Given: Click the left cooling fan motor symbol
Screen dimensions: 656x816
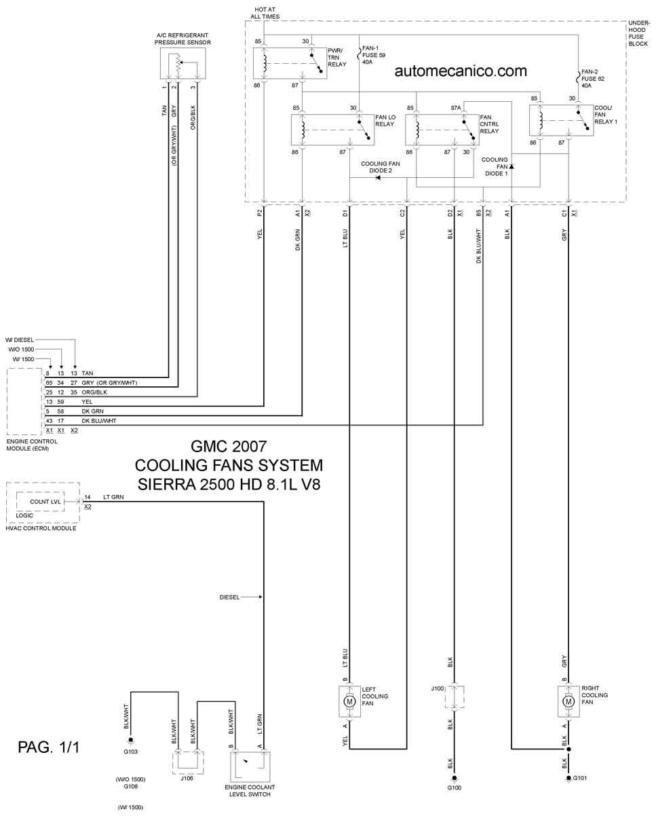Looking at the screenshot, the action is [349, 701].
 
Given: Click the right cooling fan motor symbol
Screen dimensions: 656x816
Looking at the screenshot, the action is [568, 701].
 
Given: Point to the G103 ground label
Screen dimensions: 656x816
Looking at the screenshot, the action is [130, 752].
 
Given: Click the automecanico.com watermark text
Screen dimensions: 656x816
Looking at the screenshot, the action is [461, 71].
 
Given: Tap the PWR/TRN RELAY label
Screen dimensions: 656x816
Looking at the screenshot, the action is [337, 58].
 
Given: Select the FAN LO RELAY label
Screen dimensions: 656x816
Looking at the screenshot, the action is [385, 121].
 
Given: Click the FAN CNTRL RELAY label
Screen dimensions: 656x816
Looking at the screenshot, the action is [489, 124].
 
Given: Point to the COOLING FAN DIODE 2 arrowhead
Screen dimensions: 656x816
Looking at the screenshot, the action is [377, 177].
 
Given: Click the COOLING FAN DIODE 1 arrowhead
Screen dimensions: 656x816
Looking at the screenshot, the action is [512, 166].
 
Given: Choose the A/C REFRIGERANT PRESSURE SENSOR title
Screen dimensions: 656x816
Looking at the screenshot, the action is [182, 39].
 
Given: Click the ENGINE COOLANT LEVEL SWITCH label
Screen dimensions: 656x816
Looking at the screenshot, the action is [250, 791].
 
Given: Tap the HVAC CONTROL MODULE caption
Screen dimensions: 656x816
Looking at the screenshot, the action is [41, 528].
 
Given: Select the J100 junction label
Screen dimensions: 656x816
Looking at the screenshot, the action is [437, 688].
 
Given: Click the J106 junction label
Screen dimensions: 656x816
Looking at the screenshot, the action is [187, 778].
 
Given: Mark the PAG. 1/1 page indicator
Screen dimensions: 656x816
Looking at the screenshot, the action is [49, 747].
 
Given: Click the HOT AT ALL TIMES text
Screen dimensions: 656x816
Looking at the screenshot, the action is [265, 13].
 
